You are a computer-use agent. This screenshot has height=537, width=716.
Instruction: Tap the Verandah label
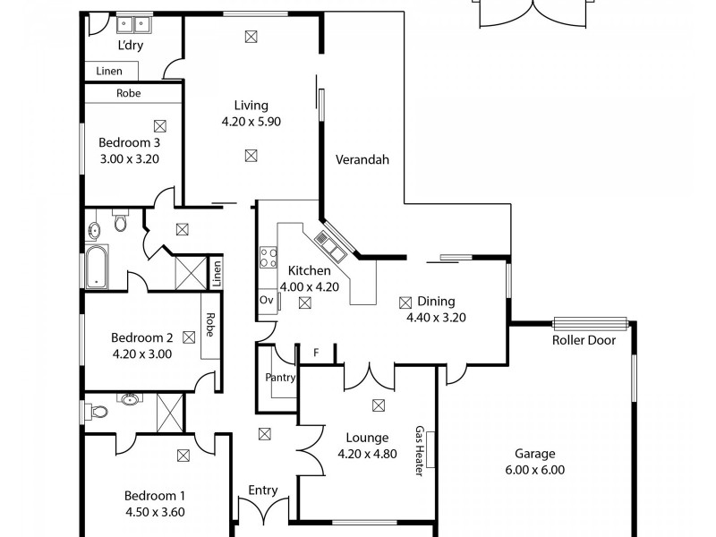tap(362, 160)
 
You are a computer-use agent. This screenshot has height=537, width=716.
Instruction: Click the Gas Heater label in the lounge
tap(418, 451)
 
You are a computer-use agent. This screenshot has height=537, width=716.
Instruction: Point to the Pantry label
tap(280, 378)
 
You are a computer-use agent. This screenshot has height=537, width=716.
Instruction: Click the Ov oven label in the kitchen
tap(266, 300)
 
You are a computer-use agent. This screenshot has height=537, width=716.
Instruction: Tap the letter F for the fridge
tap(315, 353)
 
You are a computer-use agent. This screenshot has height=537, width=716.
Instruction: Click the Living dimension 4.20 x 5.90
tap(251, 122)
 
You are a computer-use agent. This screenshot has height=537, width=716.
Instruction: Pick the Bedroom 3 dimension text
tap(129, 159)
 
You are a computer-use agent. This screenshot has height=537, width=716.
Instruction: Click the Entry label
tap(263, 490)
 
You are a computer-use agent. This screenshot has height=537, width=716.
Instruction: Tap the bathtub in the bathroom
tap(96, 267)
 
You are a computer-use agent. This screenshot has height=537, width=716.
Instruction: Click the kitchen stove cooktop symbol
tap(268, 258)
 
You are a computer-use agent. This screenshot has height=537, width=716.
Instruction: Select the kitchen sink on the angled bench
tap(325, 242)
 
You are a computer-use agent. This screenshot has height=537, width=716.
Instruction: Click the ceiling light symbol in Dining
tap(405, 302)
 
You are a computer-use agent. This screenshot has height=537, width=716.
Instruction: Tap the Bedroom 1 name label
tap(155, 496)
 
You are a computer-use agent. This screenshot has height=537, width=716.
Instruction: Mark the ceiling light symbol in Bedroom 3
tap(159, 126)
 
